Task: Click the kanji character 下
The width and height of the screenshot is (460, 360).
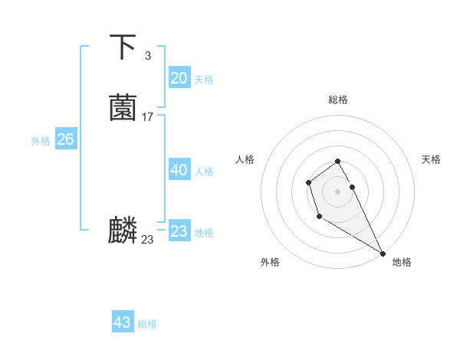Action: (x=123, y=47)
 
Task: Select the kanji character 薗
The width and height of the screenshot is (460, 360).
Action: (x=123, y=108)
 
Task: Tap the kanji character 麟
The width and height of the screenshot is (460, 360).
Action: (x=123, y=231)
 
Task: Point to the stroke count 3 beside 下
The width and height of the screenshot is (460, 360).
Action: (x=148, y=56)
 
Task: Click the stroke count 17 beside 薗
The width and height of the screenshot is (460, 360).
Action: (x=148, y=117)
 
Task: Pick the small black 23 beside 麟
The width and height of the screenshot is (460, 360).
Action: (x=147, y=240)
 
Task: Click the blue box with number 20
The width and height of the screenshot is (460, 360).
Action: (x=179, y=77)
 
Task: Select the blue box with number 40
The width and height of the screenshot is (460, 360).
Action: (x=179, y=170)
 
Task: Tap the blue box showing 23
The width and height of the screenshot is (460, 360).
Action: (x=179, y=231)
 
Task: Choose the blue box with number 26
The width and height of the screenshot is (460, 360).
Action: (x=66, y=139)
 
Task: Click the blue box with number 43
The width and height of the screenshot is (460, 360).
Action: (x=123, y=322)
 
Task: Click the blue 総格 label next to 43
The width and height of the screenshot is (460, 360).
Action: (x=147, y=324)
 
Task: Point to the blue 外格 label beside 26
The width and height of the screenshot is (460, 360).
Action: (x=41, y=141)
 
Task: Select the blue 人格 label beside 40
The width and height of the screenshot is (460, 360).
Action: (x=204, y=172)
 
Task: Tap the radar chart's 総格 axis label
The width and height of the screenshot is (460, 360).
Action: (x=338, y=100)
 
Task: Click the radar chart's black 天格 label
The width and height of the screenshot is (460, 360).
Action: (x=431, y=159)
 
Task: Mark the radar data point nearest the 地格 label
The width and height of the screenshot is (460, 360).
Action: (x=383, y=253)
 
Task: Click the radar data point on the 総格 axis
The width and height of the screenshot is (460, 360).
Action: (x=338, y=161)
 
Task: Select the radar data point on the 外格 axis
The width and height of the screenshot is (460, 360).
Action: (x=318, y=217)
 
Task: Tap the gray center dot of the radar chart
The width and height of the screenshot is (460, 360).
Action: (x=338, y=191)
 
